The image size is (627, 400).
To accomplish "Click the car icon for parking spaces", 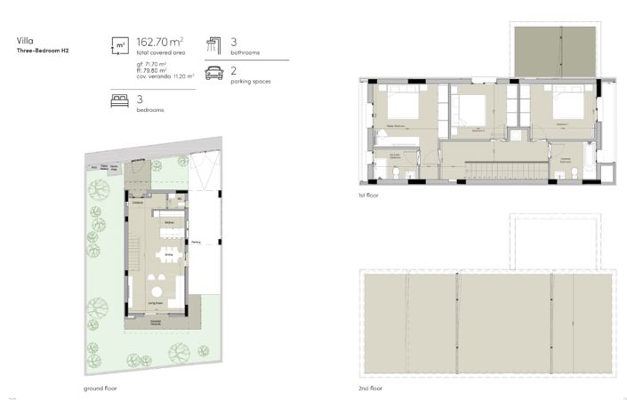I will tap(213, 74).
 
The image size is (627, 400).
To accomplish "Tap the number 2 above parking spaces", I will tap(234, 69).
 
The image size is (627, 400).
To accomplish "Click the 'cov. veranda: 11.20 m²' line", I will tap(165, 77).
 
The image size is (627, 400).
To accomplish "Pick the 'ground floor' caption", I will tap(99, 388).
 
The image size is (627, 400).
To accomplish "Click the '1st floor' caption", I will tap(368, 195).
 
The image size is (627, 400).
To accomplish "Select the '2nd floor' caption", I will tap(370, 388).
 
